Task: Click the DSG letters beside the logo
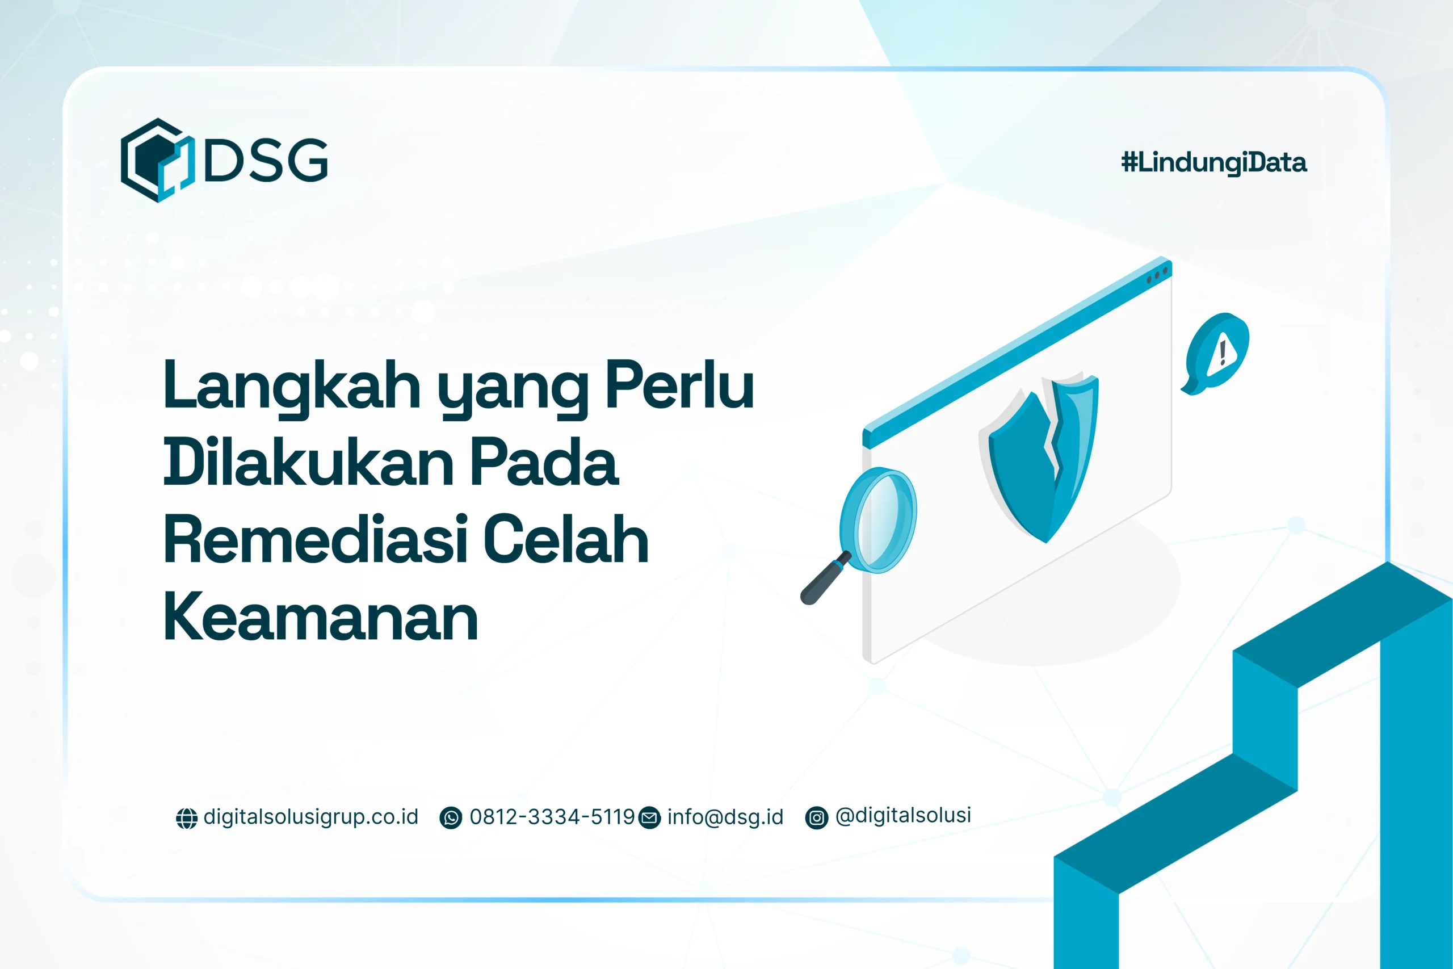pyautogui.click(x=266, y=160)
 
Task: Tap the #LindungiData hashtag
pyautogui.click(x=1213, y=162)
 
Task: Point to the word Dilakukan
pyautogui.click(x=309, y=462)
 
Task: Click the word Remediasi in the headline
pyautogui.click(x=315, y=539)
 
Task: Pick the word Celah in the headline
pyautogui.click(x=566, y=539)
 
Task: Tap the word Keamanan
pyautogui.click(x=320, y=616)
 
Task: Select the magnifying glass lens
pyautogui.click(x=880, y=519)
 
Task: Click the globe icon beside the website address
pyautogui.click(x=187, y=818)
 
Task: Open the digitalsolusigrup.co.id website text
pyautogui.click(x=310, y=817)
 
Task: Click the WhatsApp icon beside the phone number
pyautogui.click(x=450, y=818)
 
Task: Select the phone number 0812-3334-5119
pyautogui.click(x=552, y=817)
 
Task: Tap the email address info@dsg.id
pyautogui.click(x=725, y=817)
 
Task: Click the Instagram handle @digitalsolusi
pyautogui.click(x=902, y=816)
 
